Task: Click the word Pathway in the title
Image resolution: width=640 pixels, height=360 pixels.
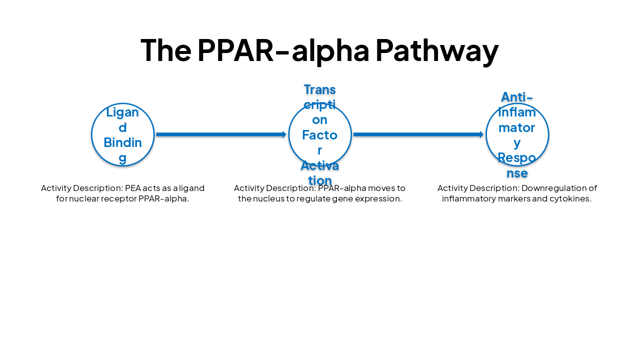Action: click(436, 50)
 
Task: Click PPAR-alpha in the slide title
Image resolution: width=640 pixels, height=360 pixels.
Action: click(283, 50)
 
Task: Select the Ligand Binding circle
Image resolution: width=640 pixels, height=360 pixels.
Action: click(123, 134)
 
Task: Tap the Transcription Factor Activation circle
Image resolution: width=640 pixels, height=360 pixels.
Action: click(320, 134)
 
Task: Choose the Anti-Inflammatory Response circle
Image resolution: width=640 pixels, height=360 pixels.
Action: click(517, 134)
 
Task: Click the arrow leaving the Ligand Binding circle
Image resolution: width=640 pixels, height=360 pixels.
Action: click(220, 134)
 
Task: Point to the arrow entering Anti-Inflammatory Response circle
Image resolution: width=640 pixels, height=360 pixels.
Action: click(418, 134)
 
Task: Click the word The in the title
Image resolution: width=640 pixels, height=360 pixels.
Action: click(165, 50)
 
